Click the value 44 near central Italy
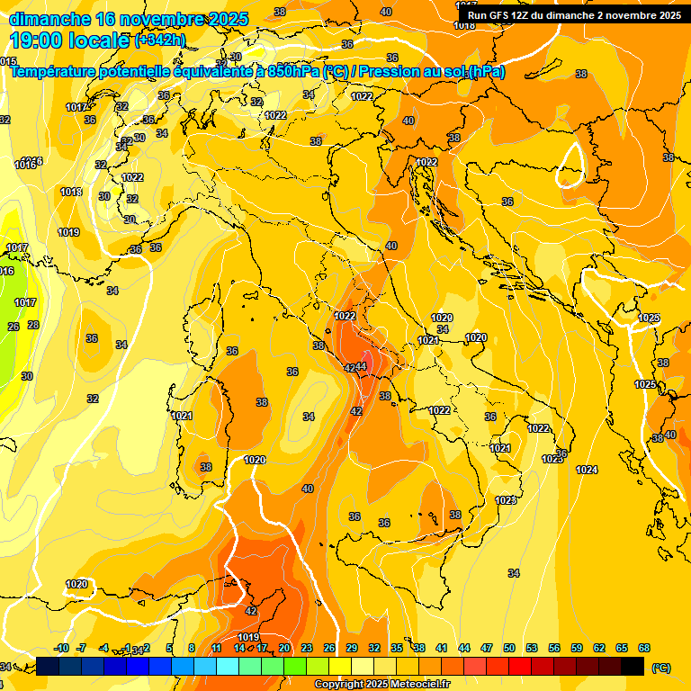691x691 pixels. coord(362,366)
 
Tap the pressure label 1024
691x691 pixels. coord(587,470)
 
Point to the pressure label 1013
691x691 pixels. coord(71,192)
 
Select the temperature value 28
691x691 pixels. coord(33,325)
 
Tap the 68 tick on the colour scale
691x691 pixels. coord(644,648)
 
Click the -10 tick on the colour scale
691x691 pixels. coord(62,648)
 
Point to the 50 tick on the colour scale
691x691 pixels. coord(509,648)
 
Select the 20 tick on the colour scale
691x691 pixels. coord(284,648)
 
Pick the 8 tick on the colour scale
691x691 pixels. coord(192,648)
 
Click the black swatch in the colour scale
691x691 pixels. coord(633,666)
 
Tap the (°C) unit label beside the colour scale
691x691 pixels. coord(661,667)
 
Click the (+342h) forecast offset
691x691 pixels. coord(159,40)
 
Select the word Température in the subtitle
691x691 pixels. coord(53,72)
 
